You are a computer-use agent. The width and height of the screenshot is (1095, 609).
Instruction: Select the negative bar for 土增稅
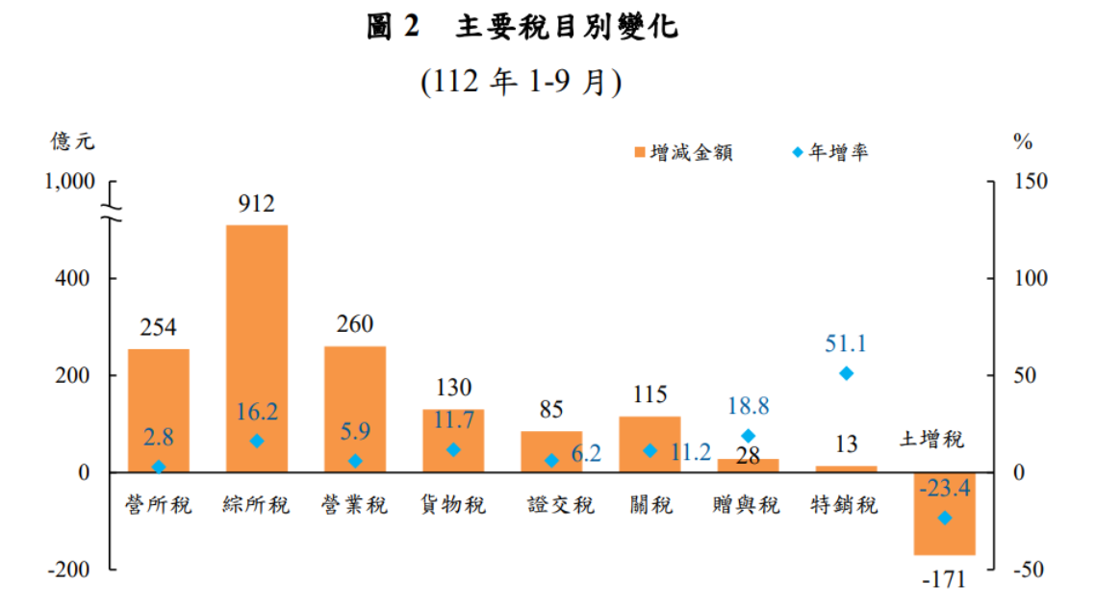click(x=945, y=514)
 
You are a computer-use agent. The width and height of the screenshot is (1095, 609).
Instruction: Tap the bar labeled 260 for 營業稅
click(x=355, y=409)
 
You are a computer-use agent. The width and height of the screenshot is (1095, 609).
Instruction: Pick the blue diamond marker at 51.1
click(x=847, y=373)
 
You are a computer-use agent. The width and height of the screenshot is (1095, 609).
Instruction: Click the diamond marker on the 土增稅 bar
click(x=945, y=518)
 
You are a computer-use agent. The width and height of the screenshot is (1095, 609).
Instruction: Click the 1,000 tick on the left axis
click(x=68, y=182)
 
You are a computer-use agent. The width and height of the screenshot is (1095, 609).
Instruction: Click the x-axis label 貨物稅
click(x=453, y=504)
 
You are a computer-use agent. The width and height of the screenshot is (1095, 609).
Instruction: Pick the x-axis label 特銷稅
click(x=845, y=504)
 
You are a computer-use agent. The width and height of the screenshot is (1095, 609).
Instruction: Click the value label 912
click(x=257, y=203)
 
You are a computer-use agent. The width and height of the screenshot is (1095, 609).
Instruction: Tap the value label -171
click(x=944, y=581)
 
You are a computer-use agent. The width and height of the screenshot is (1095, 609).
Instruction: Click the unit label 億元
click(x=73, y=141)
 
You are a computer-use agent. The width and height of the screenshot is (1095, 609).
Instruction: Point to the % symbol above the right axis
click(x=1022, y=141)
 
